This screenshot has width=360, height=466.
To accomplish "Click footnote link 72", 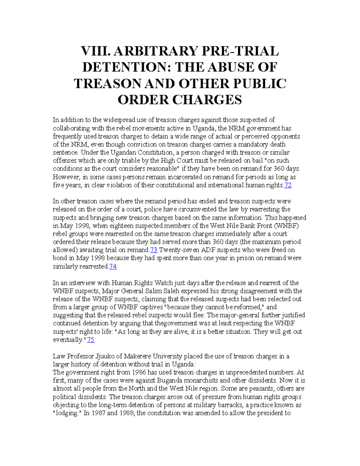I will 288,185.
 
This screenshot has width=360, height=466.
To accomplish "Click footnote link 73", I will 154,250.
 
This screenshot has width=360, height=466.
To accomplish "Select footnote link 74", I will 113,266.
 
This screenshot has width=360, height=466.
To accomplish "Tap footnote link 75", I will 90,340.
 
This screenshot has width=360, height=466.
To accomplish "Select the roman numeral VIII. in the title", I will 94,51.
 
